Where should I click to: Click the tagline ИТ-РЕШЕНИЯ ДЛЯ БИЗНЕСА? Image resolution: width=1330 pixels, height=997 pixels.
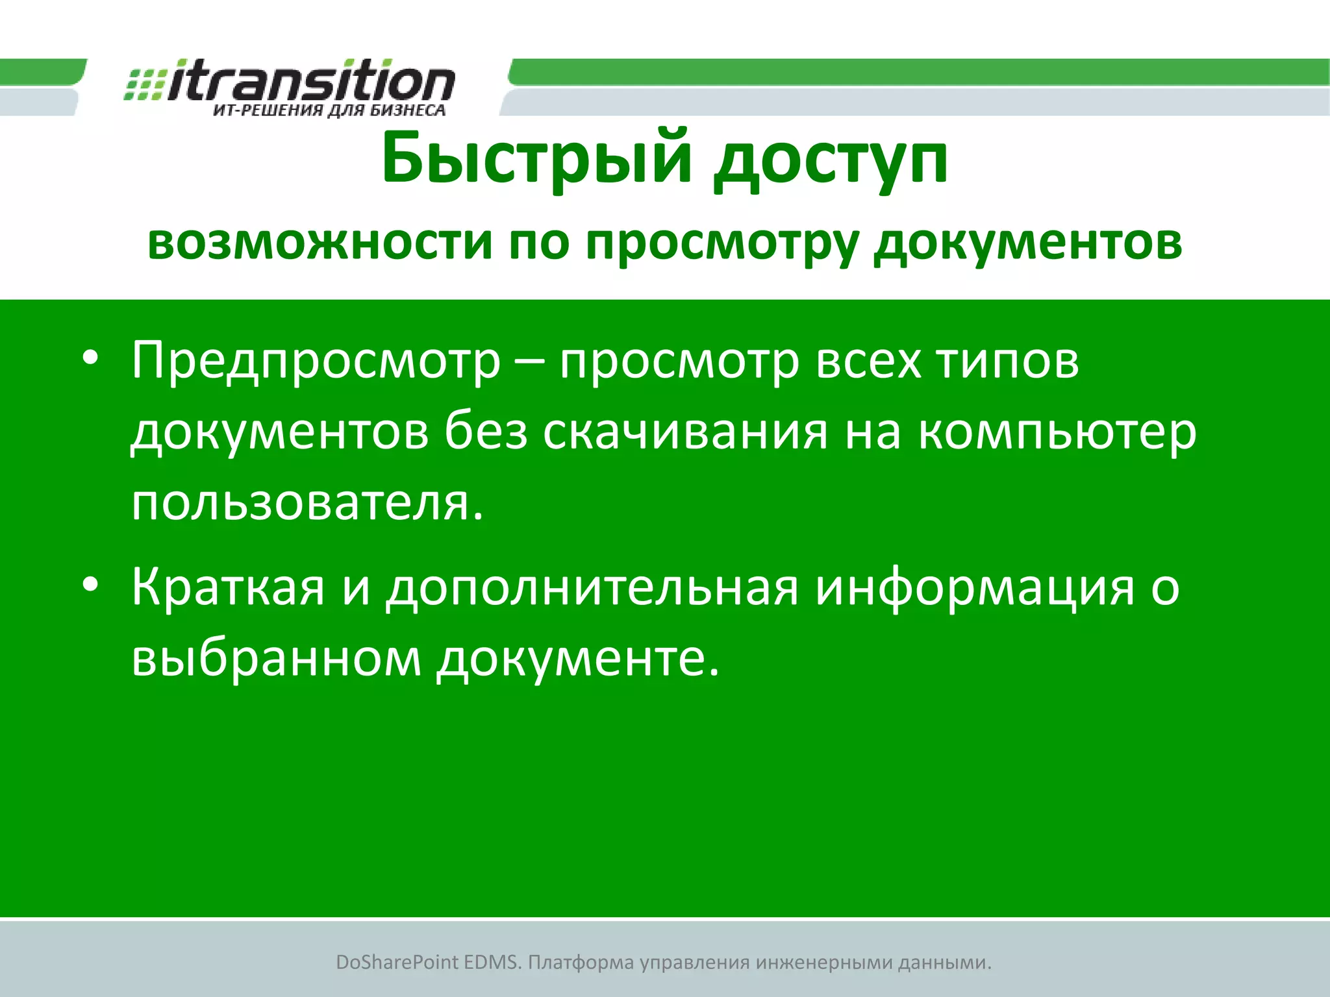[x=329, y=110]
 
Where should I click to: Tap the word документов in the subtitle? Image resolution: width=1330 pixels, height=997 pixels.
[x=1027, y=243]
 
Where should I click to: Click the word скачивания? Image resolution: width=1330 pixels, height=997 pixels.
[x=685, y=432]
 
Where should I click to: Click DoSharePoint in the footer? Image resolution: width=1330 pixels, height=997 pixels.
[x=397, y=962]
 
